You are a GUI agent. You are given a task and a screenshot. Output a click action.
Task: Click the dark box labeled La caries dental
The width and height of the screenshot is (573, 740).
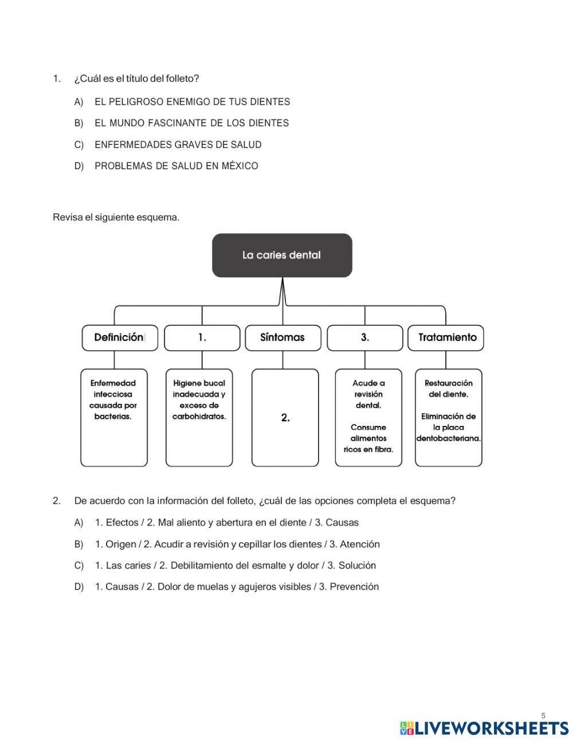pos(282,255)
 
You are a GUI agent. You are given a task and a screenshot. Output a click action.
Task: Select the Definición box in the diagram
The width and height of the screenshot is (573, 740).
pos(119,338)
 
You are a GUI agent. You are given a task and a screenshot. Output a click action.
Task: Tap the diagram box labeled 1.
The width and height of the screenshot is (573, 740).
pos(202,338)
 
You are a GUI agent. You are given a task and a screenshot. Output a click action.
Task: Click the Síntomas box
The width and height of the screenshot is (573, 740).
pos(282,338)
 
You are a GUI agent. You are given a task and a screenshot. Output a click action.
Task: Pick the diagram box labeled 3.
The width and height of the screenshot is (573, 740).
pos(364,338)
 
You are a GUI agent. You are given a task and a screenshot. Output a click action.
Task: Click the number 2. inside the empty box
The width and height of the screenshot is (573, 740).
pos(285,418)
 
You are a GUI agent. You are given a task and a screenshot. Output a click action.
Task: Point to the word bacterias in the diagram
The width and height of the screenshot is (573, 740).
pos(113,417)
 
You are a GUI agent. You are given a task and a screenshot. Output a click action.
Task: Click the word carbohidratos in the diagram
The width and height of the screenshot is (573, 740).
pos(199,417)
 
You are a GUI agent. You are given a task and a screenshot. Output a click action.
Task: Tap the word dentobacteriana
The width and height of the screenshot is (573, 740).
pos(449,438)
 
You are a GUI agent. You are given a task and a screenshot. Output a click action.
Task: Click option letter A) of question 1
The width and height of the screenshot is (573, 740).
pos(79,102)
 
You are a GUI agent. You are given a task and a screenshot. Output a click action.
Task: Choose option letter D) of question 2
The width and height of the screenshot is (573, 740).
pos(79,587)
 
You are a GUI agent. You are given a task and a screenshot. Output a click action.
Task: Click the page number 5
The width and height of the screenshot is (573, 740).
pos(543,715)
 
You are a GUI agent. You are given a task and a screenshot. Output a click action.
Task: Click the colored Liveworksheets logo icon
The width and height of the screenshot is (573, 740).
pos(407,729)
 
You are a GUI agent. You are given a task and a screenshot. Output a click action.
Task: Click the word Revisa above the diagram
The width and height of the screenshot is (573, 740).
pos(67,217)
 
